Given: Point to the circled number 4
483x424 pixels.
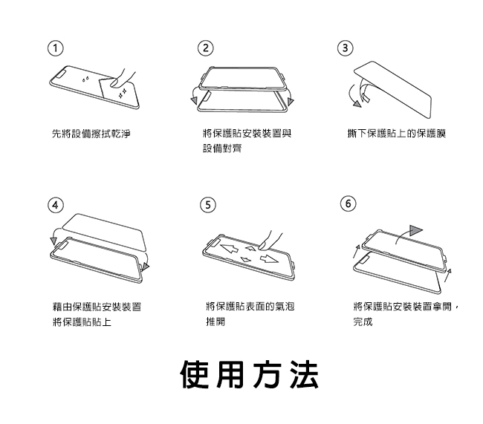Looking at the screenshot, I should coord(54,203).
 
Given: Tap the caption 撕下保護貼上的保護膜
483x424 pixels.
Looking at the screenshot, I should coord(396,134).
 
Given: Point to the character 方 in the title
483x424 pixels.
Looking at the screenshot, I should coord(267,375).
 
